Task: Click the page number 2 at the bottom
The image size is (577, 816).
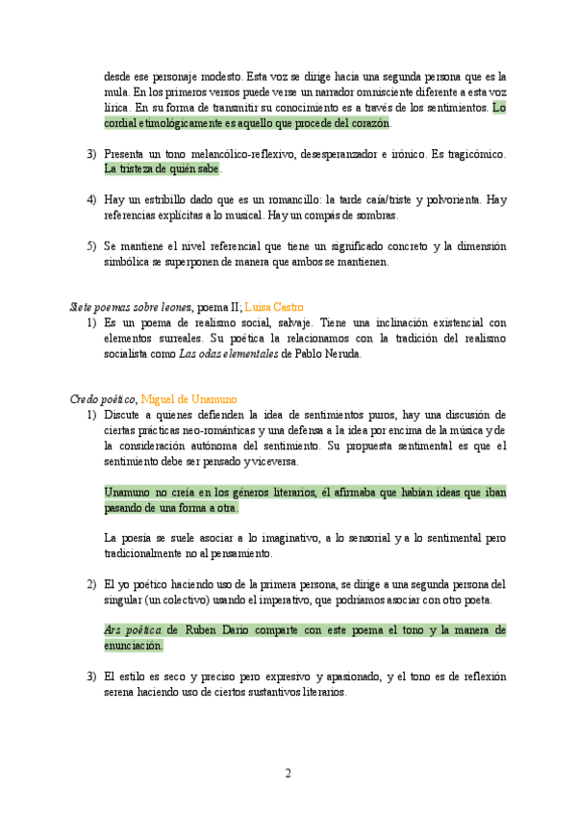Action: [x=288, y=773]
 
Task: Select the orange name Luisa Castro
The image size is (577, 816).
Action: [x=280, y=306]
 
